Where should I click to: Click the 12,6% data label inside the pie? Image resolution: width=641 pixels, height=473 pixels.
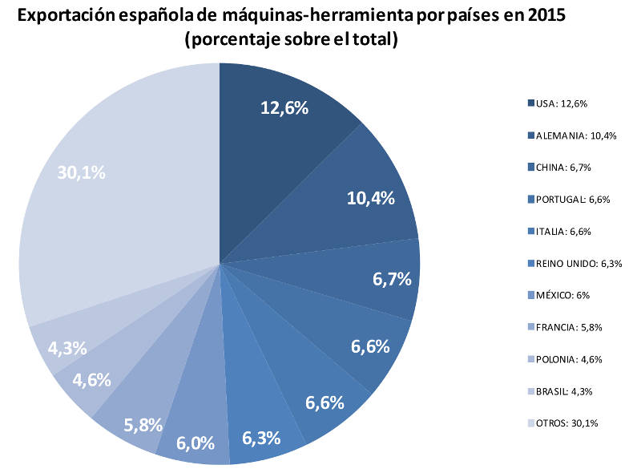[284, 108]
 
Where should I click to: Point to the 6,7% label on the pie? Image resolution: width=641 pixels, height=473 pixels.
[392, 279]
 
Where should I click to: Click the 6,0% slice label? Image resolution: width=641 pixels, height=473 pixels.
[196, 443]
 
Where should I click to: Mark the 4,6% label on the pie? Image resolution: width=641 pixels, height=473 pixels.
[91, 380]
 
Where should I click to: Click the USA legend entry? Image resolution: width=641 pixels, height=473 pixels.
[558, 103]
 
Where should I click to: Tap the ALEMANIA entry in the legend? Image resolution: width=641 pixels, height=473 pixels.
[572, 135]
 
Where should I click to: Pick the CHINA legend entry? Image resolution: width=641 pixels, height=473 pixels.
[559, 168]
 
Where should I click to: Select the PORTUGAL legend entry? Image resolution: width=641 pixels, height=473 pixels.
[569, 200]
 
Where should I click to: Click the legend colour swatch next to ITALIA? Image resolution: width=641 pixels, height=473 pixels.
[531, 231]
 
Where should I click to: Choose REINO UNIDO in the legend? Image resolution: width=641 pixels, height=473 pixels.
[574, 263]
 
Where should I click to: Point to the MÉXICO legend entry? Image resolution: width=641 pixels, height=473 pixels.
[558, 295]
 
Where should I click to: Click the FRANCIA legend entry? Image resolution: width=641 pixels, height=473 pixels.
[565, 327]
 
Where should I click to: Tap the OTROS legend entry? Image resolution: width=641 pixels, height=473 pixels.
[563, 423]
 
